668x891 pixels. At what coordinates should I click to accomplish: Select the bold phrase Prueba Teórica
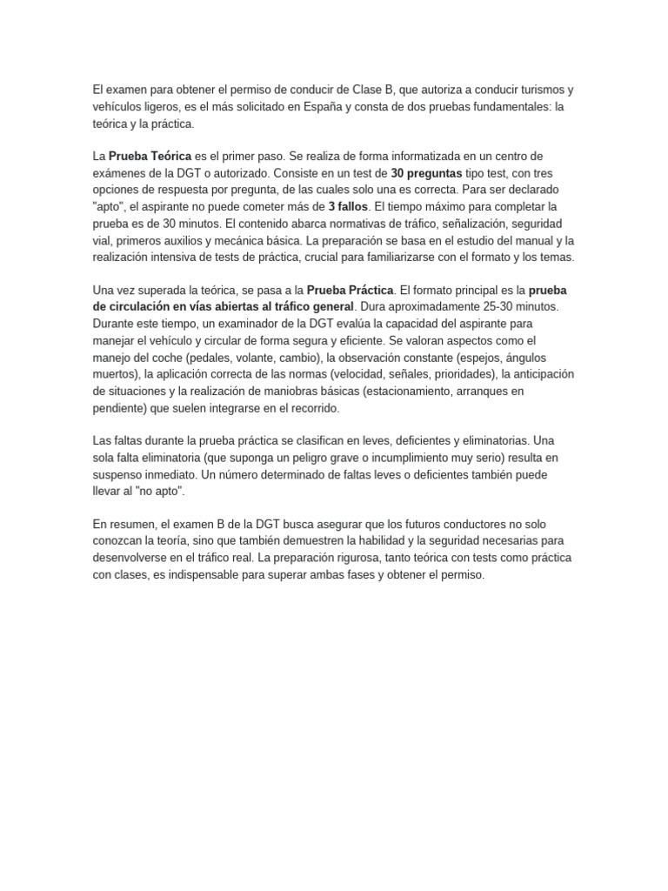coord(143,156)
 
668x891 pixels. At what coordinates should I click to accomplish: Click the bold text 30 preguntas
coord(426,172)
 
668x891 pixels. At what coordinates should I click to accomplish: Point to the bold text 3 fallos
coord(348,205)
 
